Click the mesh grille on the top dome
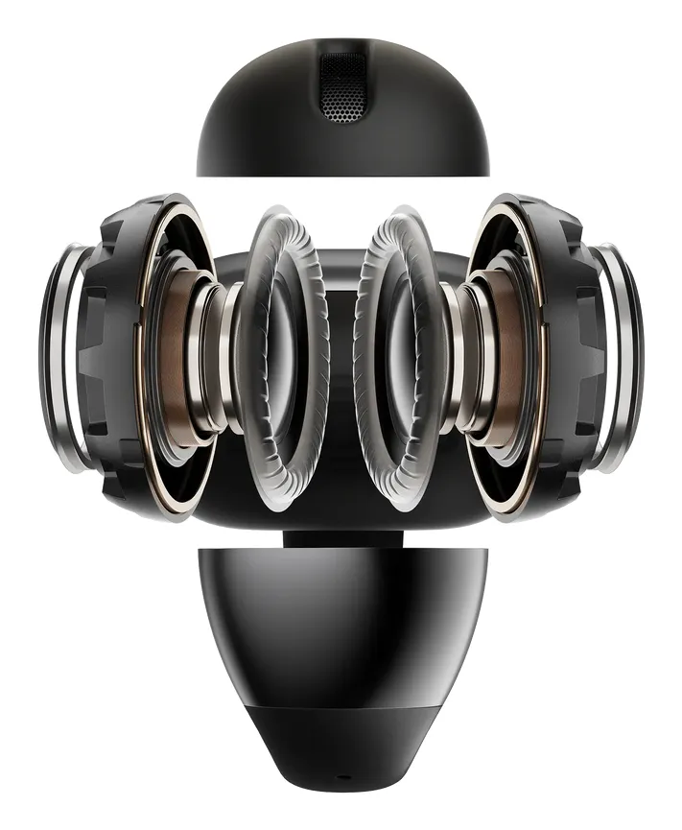341,88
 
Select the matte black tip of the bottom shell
341,748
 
